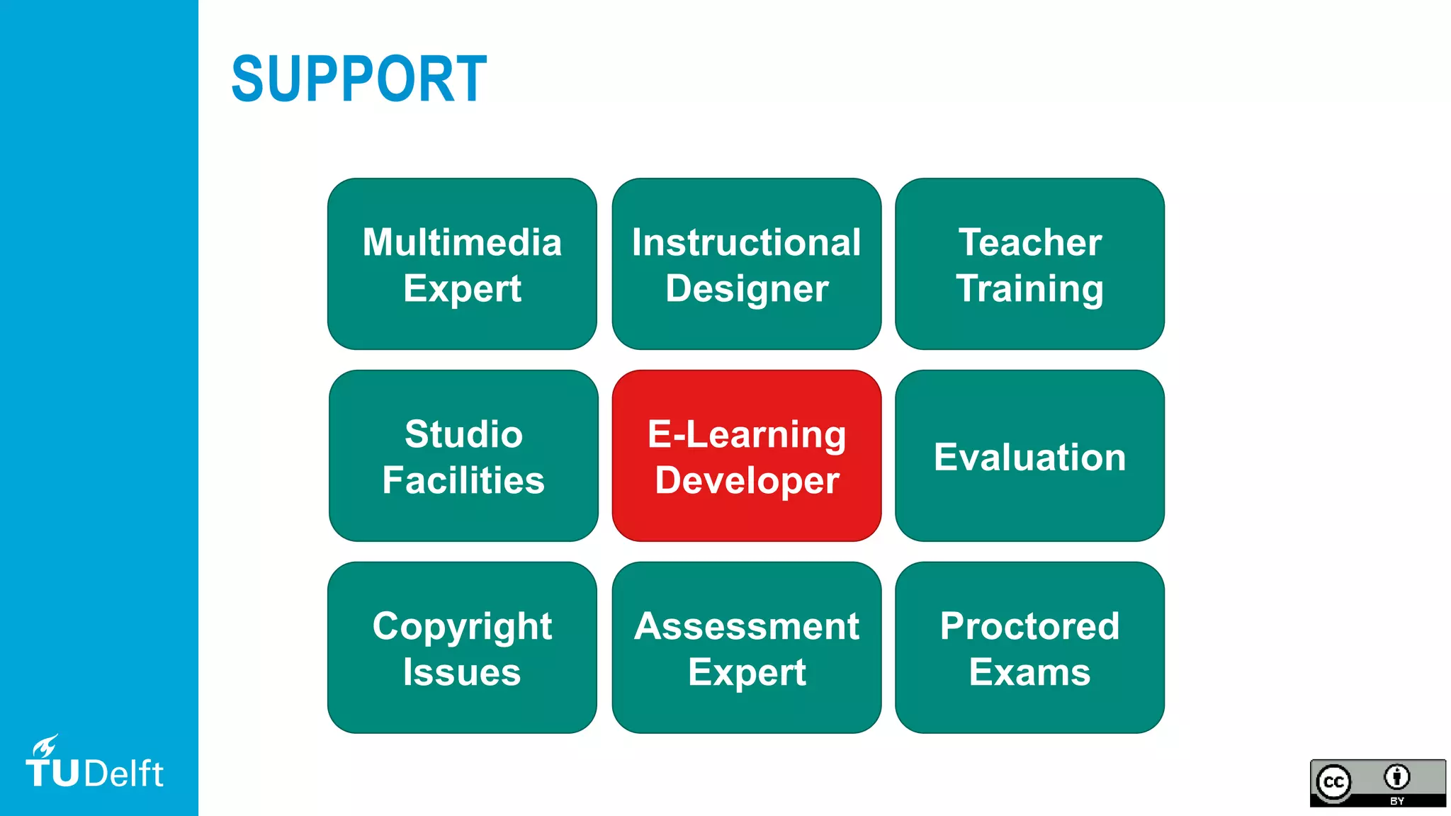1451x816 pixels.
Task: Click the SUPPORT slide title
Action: pos(358,79)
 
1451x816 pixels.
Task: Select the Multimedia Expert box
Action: pos(462,263)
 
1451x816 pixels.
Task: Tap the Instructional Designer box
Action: pos(746,263)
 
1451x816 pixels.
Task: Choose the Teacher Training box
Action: pos(1029,263)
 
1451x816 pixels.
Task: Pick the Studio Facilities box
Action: pos(463,455)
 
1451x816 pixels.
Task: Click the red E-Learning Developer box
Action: pos(746,455)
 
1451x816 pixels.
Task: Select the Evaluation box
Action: pos(1029,455)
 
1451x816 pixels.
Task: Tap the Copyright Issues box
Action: pos(462,647)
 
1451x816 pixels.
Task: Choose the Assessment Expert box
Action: pos(746,647)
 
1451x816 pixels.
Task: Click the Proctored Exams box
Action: pos(1029,647)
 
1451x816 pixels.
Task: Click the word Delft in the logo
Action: pos(124,773)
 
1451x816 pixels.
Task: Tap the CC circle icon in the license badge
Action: pos(1334,782)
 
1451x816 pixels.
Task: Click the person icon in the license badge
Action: pos(1396,777)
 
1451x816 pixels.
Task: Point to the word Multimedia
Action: pos(462,242)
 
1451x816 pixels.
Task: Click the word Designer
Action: pos(747,289)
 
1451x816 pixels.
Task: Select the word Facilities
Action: pos(463,480)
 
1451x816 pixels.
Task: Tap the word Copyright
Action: pos(462,627)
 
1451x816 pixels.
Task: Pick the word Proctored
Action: pos(1029,626)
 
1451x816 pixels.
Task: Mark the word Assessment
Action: pos(746,626)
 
